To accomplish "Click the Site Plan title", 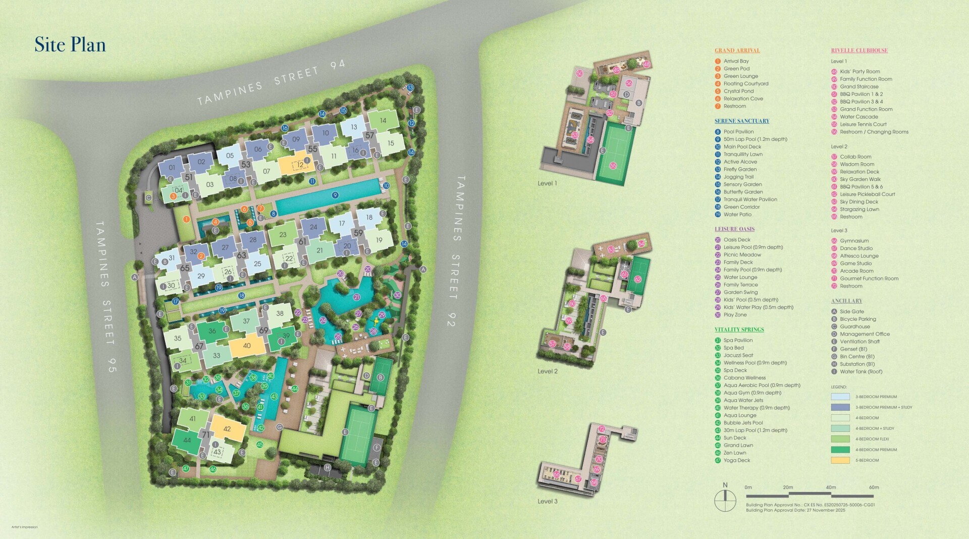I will click(x=70, y=44).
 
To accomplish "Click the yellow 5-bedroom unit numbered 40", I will click(x=247, y=346).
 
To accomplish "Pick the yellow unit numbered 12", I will click(x=300, y=165).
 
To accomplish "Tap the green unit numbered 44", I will click(x=187, y=440).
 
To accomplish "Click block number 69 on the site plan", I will click(x=263, y=331).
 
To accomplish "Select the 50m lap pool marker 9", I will click(x=335, y=195).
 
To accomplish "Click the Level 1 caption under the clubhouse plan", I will click(x=548, y=183).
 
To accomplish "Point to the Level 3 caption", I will click(x=548, y=502).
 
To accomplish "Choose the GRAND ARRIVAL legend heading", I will click(x=737, y=51).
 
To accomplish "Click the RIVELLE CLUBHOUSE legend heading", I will click(x=859, y=51).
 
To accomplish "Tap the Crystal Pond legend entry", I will click(x=738, y=91).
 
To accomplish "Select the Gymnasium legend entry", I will click(x=854, y=241).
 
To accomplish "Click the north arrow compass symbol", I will click(x=725, y=501).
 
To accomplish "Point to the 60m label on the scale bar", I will click(x=874, y=487).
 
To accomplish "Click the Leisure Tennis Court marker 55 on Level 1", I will click(x=613, y=166).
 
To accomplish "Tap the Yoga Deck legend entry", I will click(x=736, y=460).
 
